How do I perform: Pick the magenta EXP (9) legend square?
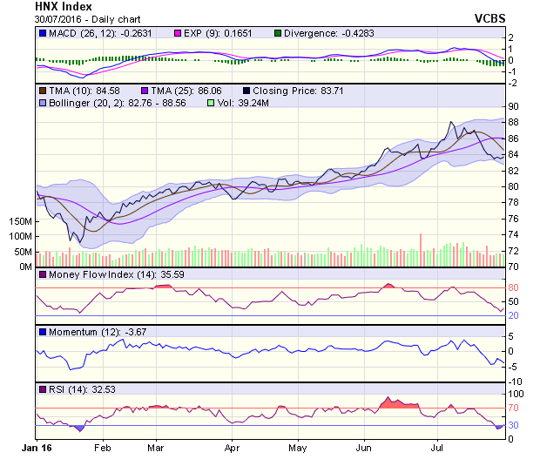point(179,33)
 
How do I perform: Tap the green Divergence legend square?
point(280,33)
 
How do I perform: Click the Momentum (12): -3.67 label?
point(90,332)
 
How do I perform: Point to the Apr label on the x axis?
point(232,448)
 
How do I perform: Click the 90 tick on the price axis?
point(515,106)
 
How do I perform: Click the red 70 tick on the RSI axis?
point(514,408)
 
